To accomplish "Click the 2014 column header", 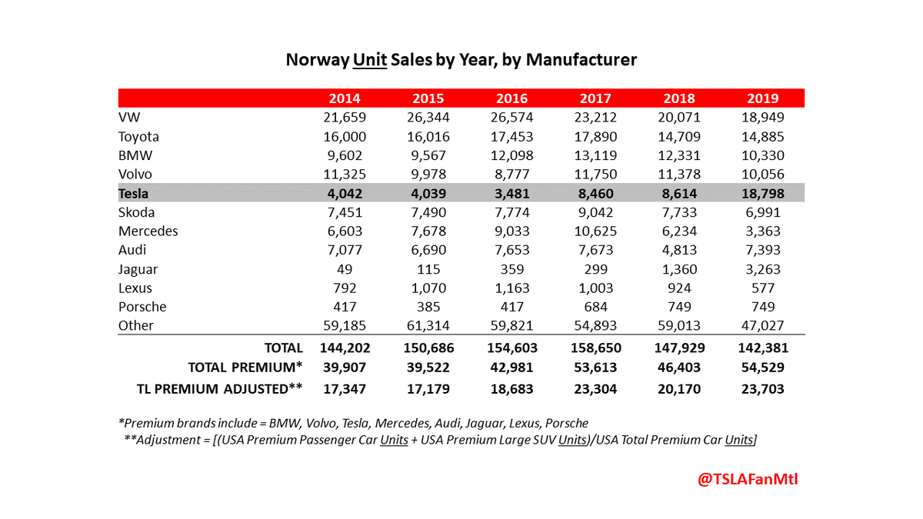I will point(345,98).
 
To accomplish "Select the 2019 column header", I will point(762,98).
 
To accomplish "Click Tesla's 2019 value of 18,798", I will point(762,193).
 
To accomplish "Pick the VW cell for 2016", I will point(512,118).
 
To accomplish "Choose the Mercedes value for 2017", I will point(595,231).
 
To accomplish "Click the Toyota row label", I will point(138,137).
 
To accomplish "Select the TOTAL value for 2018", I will point(679,348).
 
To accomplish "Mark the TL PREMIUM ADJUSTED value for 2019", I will point(762,389).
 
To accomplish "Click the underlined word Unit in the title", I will point(370,59).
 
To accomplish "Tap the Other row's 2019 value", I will point(762,325).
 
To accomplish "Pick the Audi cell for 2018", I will point(679,250).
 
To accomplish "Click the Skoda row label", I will point(137,212).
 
